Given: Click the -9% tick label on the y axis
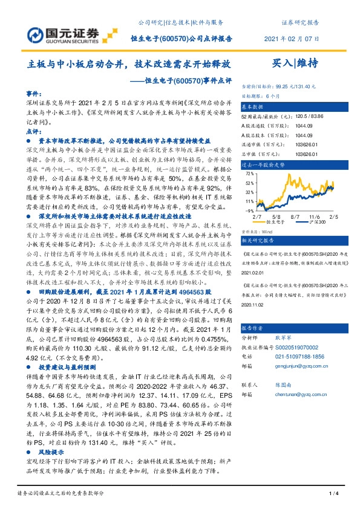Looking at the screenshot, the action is pyautogui.click(x=249, y=210).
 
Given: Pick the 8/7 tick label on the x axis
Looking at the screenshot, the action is pyautogui.click(x=295, y=215).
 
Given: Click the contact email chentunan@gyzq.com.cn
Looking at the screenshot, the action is pyautogui.click(x=294, y=409).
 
